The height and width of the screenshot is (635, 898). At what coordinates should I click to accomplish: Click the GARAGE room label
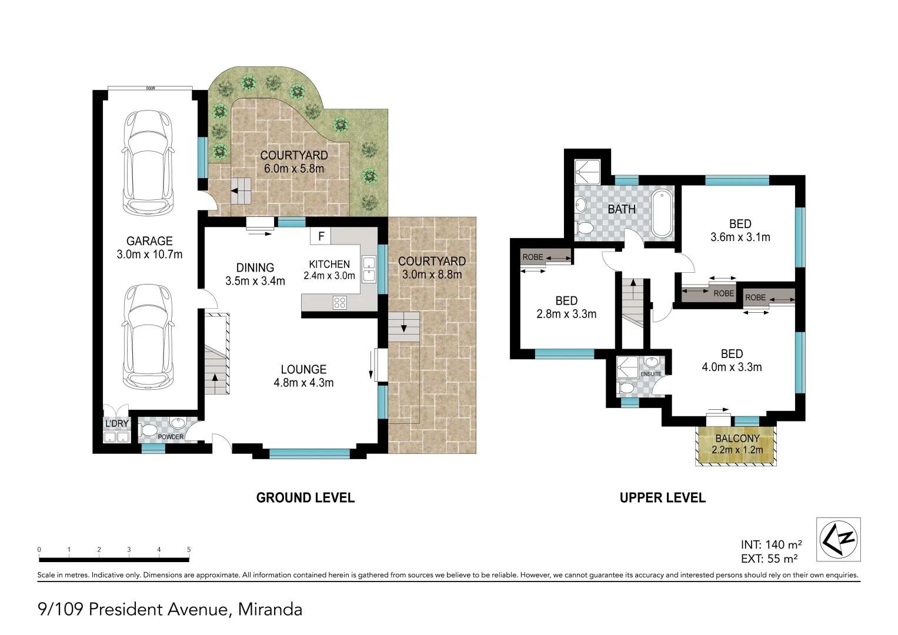(x=149, y=241)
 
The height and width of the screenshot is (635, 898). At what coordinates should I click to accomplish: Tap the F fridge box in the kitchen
(x=321, y=236)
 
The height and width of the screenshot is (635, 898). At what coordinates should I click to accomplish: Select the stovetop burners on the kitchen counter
(x=340, y=303)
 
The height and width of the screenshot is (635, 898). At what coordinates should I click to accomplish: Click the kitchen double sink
(x=369, y=269)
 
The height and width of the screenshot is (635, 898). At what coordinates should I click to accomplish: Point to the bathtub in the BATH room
(x=662, y=213)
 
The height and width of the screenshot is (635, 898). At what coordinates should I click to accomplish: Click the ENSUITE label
(x=651, y=374)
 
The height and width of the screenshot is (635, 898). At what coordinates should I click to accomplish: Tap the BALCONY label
(x=737, y=439)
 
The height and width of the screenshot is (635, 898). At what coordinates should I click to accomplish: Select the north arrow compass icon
(x=838, y=539)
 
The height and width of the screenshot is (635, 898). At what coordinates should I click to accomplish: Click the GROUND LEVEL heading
(x=305, y=498)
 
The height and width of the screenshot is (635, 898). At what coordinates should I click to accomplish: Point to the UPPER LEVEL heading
(x=663, y=498)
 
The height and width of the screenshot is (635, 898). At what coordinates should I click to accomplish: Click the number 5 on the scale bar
(x=189, y=550)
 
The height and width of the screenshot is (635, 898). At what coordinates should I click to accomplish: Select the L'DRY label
(x=116, y=423)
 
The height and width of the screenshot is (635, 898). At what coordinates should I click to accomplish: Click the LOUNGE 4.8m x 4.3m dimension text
(x=303, y=383)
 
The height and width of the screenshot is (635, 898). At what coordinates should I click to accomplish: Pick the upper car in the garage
(x=148, y=163)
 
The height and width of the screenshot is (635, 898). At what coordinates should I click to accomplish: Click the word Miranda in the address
(x=270, y=609)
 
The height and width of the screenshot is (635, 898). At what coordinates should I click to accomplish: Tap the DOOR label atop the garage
(x=151, y=88)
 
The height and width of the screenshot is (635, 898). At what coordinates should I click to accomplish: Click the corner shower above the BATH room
(x=587, y=172)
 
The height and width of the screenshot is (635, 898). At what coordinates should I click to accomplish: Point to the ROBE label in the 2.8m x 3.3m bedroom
(x=533, y=257)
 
